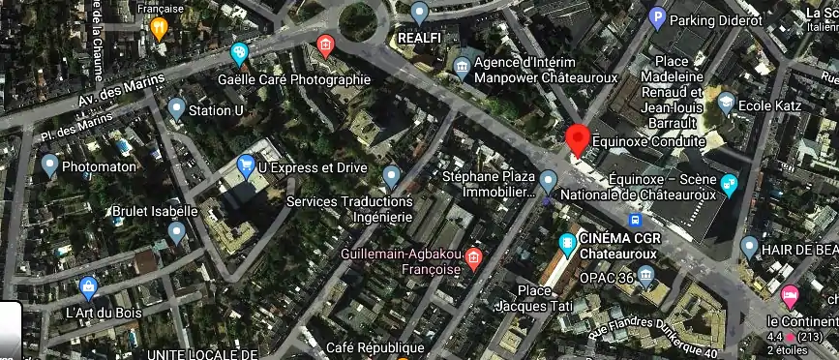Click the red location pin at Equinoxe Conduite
click(x=577, y=140)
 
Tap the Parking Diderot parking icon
click(x=657, y=17)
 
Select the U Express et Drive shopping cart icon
click(x=246, y=166)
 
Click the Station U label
click(x=215, y=110)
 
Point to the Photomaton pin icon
click(x=49, y=165)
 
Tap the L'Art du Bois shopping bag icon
click(x=89, y=286)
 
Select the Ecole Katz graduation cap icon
click(x=726, y=102)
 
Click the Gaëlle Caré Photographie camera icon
click(x=239, y=52)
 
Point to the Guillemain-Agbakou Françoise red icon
click(x=473, y=257)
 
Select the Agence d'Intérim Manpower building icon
click(x=462, y=67)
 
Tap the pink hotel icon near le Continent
click(x=789, y=294)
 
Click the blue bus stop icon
click(x=634, y=220)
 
